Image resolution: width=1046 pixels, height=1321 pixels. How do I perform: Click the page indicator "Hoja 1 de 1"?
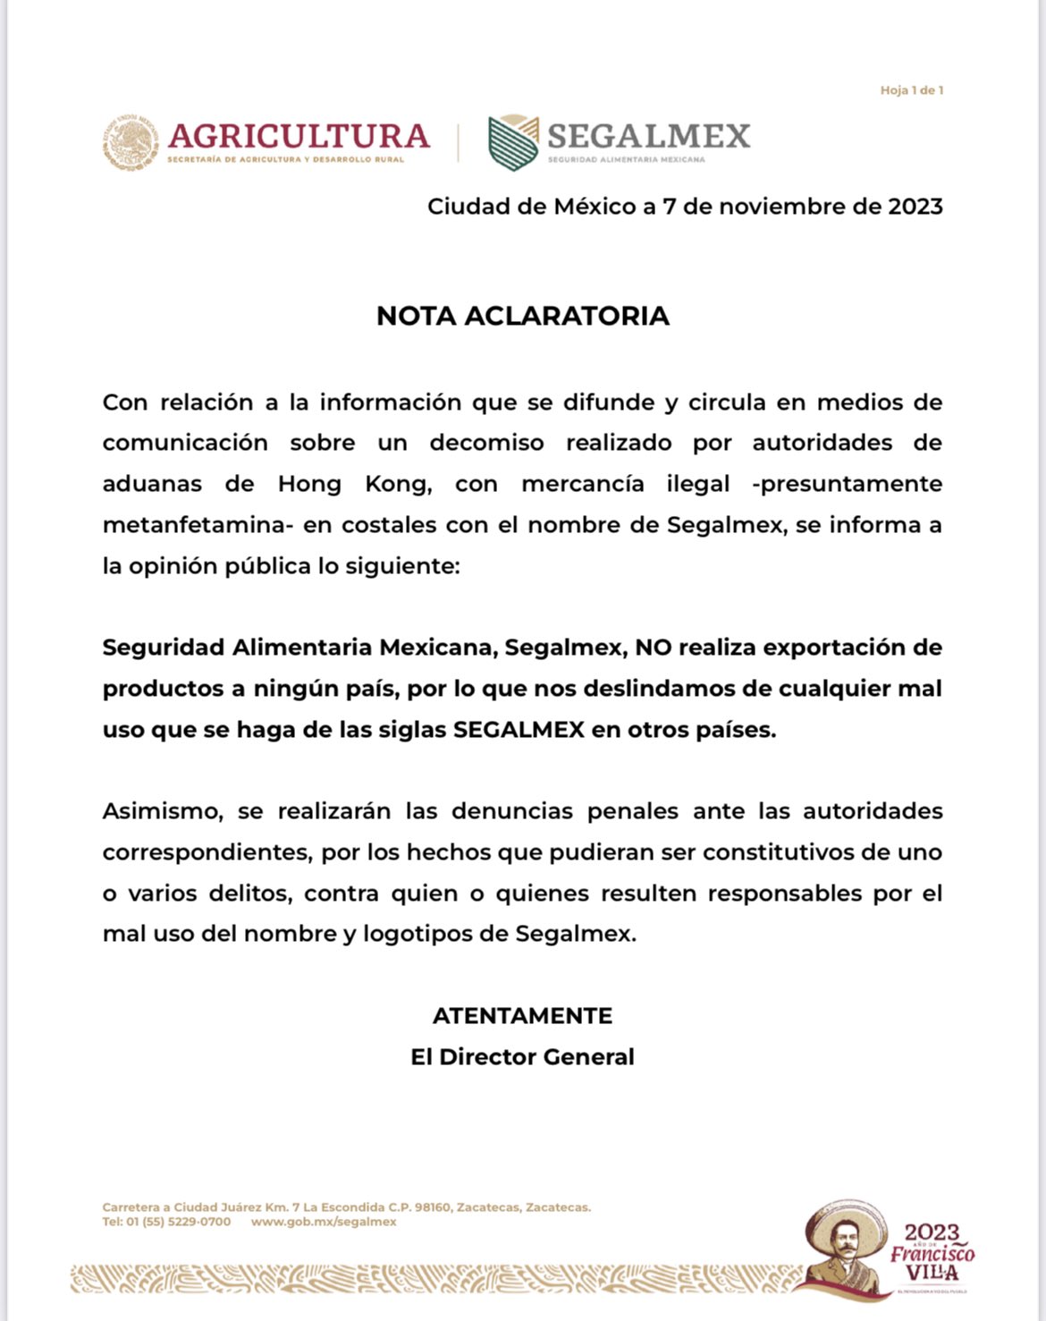click(x=911, y=90)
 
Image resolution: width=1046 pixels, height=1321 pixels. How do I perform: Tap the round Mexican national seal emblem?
click(x=131, y=141)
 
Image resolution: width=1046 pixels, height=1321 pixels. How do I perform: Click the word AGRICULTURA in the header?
click(x=299, y=136)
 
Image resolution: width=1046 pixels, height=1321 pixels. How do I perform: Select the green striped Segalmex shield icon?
click(x=513, y=142)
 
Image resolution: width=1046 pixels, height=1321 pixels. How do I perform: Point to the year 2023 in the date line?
click(x=915, y=207)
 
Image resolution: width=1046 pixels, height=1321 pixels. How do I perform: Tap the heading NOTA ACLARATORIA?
click(x=523, y=316)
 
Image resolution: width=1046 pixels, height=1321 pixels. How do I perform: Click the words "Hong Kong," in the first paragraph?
click(x=355, y=484)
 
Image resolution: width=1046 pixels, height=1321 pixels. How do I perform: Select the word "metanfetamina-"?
click(x=198, y=525)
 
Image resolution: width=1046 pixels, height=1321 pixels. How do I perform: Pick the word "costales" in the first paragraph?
click(x=371, y=525)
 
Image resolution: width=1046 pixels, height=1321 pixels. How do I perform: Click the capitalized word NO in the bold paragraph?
click(x=653, y=648)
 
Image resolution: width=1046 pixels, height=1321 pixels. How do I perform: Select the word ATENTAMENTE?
click(x=523, y=1016)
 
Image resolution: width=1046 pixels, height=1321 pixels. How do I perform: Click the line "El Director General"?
click(x=523, y=1057)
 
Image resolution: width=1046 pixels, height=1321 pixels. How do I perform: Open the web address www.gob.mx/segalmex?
click(x=324, y=1222)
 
